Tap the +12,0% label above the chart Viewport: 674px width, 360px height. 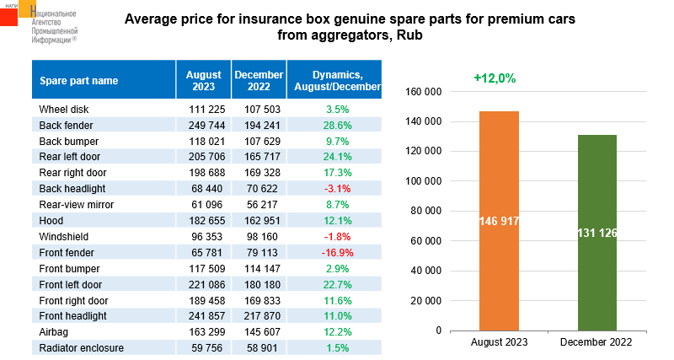click(x=495, y=78)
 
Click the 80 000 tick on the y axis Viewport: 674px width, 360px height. click(x=424, y=211)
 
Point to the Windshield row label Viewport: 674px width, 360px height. click(x=63, y=235)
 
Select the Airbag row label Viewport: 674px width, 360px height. click(x=56, y=330)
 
